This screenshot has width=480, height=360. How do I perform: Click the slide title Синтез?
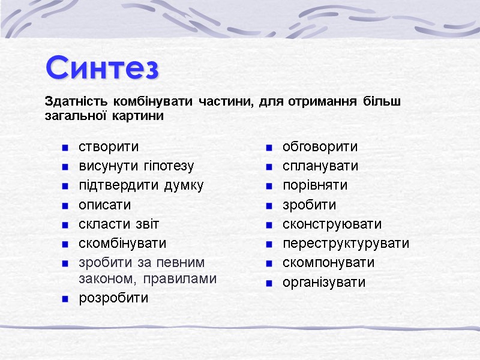click(x=103, y=68)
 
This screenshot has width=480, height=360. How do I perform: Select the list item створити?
click(x=109, y=146)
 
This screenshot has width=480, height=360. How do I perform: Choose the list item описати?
click(x=105, y=205)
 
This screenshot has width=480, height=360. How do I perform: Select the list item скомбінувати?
click(x=122, y=243)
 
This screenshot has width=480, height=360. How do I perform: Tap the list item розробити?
click(x=113, y=298)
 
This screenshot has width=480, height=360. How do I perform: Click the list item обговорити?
click(x=320, y=146)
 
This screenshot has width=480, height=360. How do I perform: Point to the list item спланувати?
click(x=320, y=166)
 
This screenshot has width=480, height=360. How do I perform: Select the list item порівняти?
click(x=315, y=185)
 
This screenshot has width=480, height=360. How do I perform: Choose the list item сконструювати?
click(x=332, y=224)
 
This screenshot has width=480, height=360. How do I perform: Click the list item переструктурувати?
click(x=346, y=243)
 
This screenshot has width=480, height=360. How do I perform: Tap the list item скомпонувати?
click(x=328, y=262)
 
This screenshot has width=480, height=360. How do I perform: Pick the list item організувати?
click(x=324, y=282)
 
